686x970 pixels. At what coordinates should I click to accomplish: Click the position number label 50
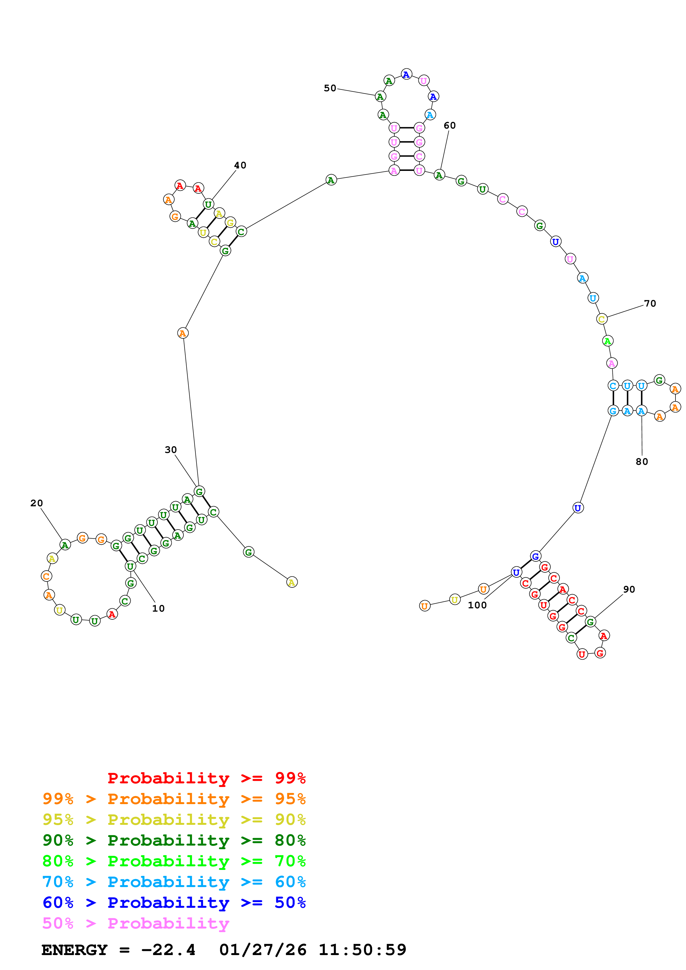click(330, 88)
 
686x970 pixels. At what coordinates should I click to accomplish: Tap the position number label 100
click(477, 605)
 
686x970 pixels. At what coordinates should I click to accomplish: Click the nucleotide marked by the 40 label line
click(208, 204)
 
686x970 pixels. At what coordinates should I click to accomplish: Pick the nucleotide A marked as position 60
click(439, 175)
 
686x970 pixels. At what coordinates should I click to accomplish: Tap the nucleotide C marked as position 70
click(602, 319)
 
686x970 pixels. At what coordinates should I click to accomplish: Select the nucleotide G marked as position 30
click(199, 491)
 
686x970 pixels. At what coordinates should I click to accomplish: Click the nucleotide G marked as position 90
click(591, 622)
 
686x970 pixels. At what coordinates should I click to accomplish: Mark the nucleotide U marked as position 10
click(130, 566)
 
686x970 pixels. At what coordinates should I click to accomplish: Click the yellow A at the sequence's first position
click(292, 582)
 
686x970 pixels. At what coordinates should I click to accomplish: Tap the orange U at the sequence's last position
click(424, 606)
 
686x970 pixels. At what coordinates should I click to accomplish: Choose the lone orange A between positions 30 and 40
click(183, 333)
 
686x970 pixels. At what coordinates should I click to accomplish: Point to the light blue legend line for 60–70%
click(174, 882)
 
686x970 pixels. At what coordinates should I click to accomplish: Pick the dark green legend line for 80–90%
click(174, 840)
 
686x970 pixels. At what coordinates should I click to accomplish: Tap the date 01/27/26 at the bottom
click(263, 950)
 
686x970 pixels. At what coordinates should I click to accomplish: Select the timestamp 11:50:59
click(362, 950)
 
